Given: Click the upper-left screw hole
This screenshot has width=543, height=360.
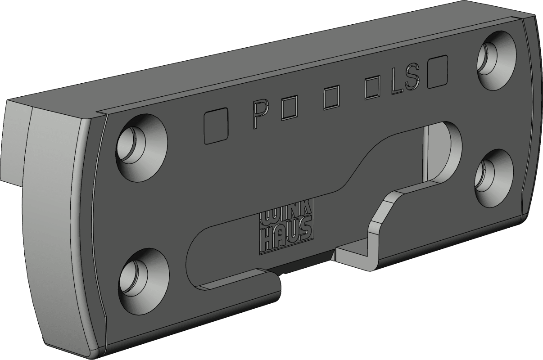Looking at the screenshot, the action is point(142,148).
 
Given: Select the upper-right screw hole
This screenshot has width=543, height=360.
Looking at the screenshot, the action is point(497,61).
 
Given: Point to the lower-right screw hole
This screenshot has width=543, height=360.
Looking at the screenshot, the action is point(494,178).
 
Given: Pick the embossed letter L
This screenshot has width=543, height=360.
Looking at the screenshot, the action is point(397,81).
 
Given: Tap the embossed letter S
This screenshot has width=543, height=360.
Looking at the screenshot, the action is point(412,76).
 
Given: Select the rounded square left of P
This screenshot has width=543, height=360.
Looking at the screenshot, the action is point(216,126).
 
